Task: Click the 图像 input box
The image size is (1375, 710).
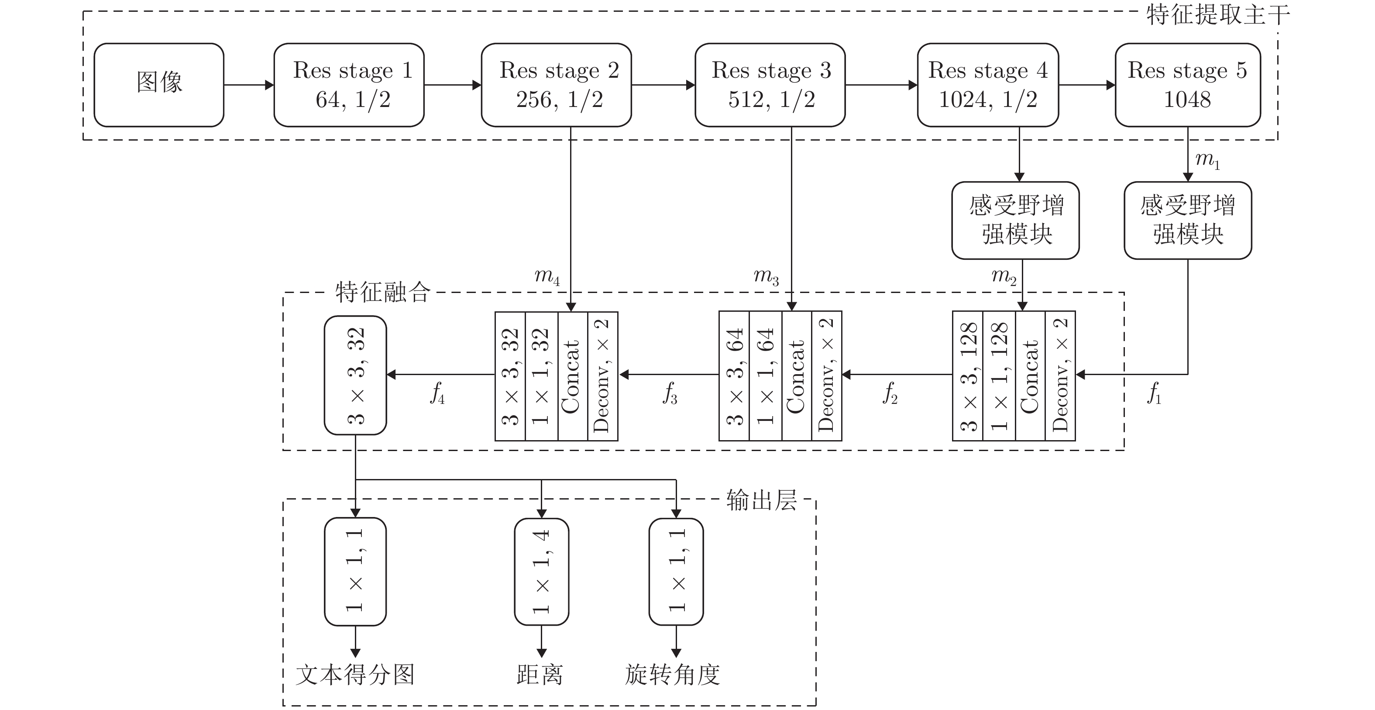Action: click(x=158, y=84)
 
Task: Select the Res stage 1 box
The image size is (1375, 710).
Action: click(x=349, y=84)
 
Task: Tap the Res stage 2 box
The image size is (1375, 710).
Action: click(x=556, y=84)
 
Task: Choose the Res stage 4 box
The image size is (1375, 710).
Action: click(x=987, y=84)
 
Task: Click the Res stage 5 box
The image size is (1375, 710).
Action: click(x=1188, y=84)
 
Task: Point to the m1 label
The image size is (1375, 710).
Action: click(x=1207, y=160)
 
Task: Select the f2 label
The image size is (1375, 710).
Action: click(x=890, y=394)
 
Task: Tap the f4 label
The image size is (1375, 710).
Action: click(x=437, y=394)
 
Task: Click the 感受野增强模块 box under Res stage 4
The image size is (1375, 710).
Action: click(x=1015, y=220)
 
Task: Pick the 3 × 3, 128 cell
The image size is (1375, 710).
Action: click(x=968, y=376)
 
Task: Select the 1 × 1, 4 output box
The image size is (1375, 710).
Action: click(x=541, y=571)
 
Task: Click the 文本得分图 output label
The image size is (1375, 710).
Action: click(x=355, y=675)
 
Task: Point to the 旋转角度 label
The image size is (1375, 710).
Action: click(x=673, y=675)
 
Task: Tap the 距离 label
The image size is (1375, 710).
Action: click(x=540, y=675)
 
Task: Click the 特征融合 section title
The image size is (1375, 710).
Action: click(x=383, y=292)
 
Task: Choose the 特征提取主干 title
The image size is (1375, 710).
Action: click(x=1217, y=15)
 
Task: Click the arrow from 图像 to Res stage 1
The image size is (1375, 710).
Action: click(x=249, y=84)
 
